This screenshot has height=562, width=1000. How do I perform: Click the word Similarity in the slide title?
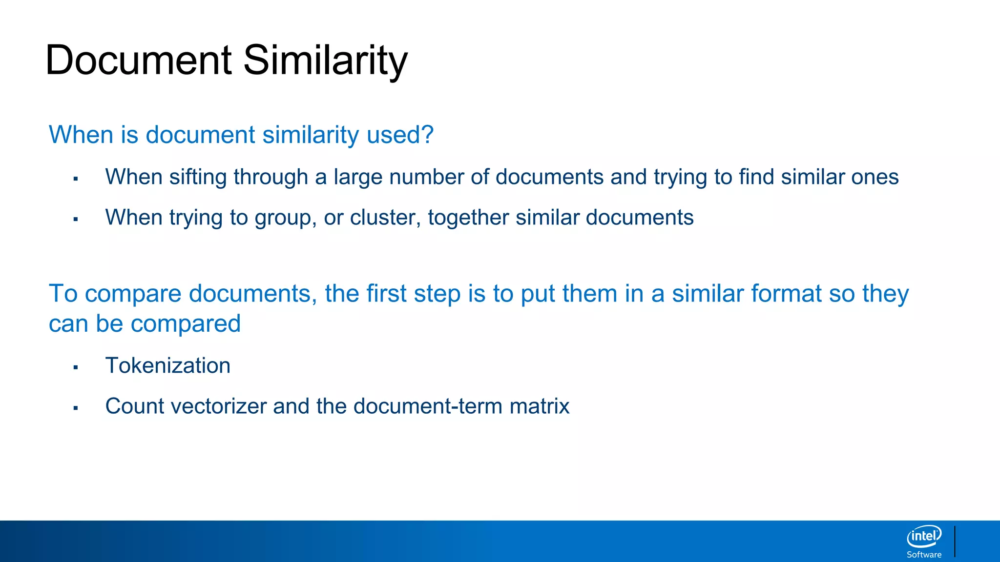pyautogui.click(x=325, y=60)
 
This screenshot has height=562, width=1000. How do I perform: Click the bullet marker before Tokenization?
pyautogui.click(x=76, y=367)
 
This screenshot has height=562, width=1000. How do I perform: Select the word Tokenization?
pyautogui.click(x=167, y=366)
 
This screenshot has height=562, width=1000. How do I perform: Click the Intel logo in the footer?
pyautogui.click(x=924, y=537)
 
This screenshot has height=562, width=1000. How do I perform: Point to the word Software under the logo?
pyautogui.click(x=924, y=555)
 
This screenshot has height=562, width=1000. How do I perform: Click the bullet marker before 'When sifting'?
pyautogui.click(x=76, y=179)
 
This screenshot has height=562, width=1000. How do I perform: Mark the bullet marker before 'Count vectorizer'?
pyautogui.click(x=76, y=408)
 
